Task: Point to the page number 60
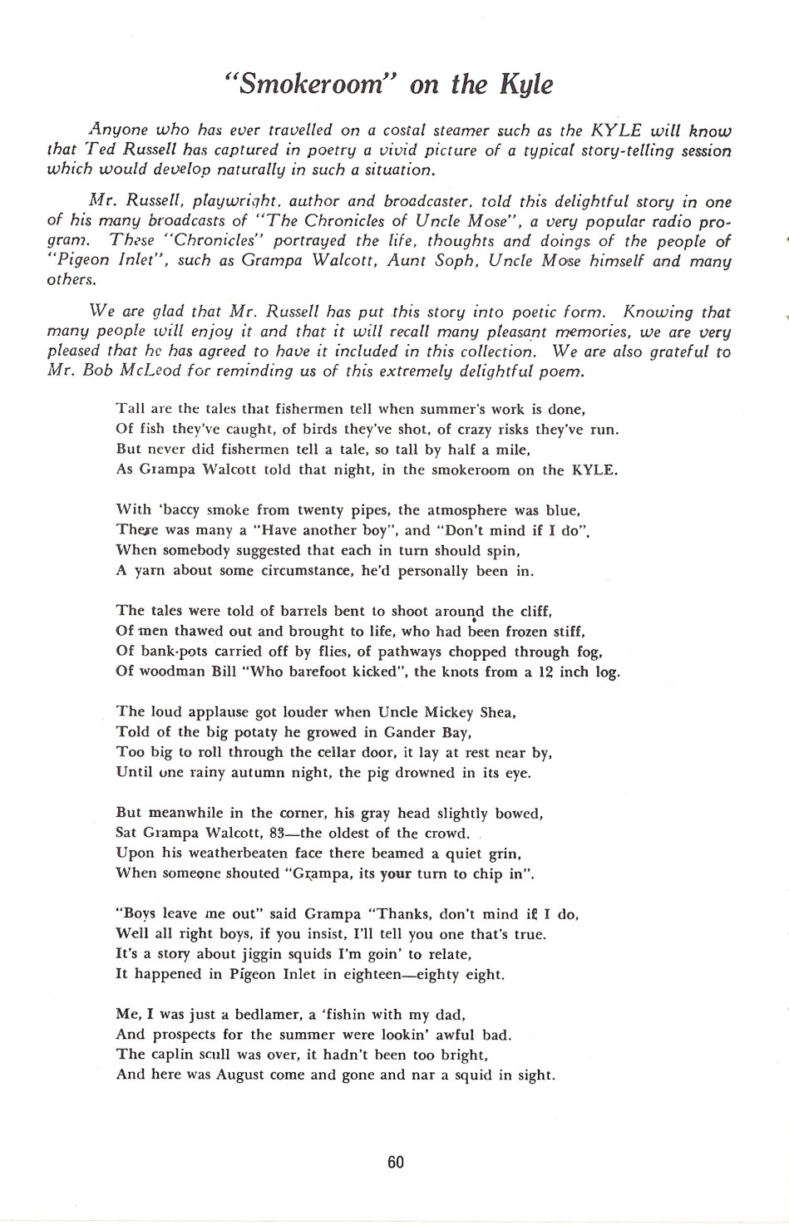396,1162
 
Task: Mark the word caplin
171,1055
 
